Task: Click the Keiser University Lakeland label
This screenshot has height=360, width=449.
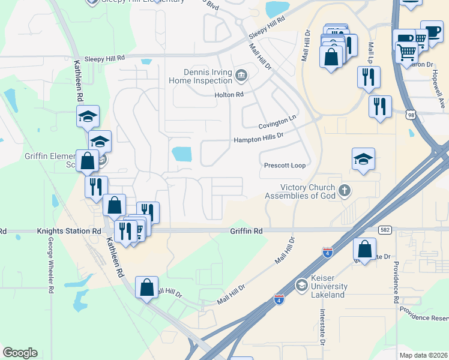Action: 328,287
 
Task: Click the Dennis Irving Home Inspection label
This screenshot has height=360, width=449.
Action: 200,76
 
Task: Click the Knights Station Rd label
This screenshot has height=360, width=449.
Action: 69,230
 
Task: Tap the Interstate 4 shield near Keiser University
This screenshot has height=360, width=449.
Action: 279,298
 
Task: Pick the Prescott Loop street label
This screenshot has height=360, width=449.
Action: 285,165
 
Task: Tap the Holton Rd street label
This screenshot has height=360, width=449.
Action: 229,95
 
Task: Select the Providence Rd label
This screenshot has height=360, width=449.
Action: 396,281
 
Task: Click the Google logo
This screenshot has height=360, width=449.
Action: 20,353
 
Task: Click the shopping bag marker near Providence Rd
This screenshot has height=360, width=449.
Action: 364,248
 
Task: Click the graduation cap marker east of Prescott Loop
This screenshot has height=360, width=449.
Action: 363,159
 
